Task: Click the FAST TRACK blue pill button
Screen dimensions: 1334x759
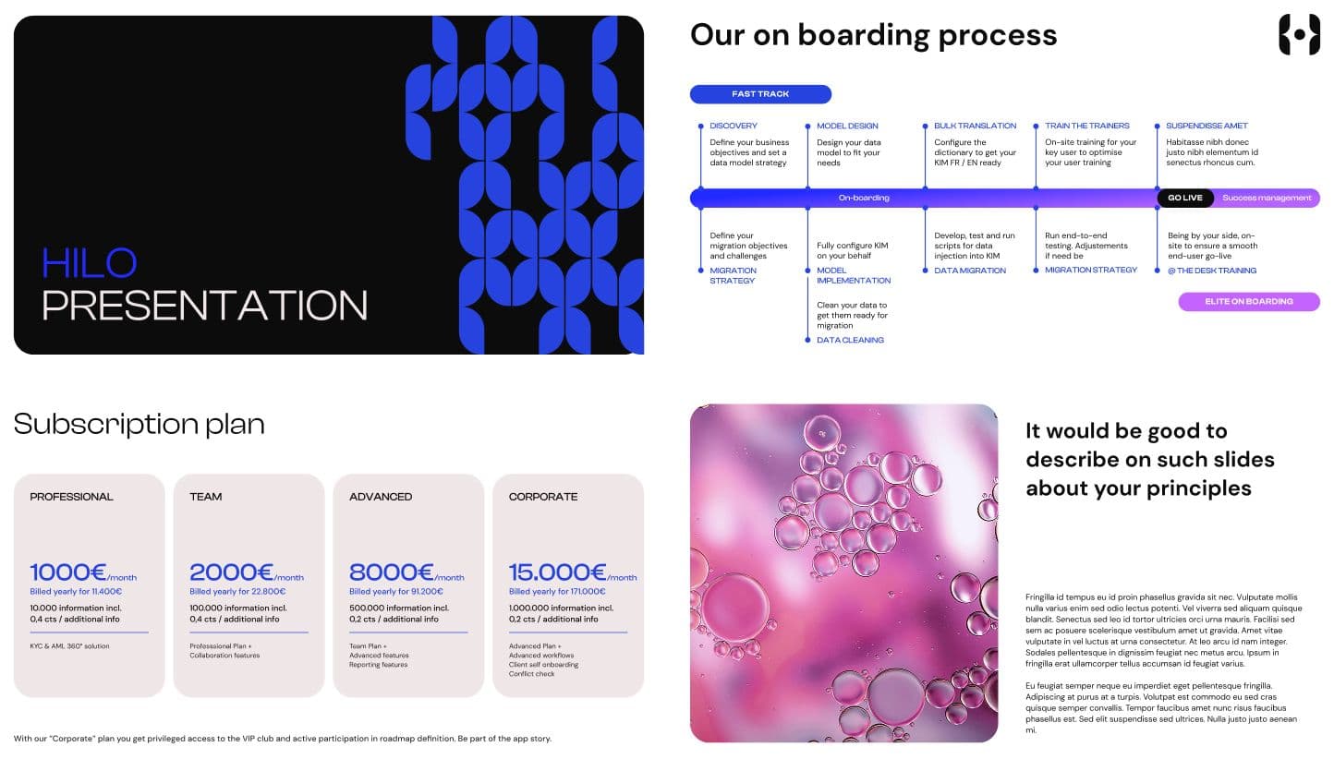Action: click(x=760, y=94)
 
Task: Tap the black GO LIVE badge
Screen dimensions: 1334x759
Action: click(x=1185, y=198)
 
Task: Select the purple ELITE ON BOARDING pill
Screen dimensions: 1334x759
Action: click(x=1249, y=301)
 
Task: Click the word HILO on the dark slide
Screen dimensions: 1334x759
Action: click(x=90, y=262)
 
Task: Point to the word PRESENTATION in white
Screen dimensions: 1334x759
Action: click(x=204, y=306)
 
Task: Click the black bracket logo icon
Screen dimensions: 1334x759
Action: click(x=1300, y=35)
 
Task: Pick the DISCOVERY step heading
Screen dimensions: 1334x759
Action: click(x=734, y=126)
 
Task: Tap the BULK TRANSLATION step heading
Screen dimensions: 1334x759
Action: click(x=975, y=126)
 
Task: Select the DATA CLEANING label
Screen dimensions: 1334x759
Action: click(x=850, y=340)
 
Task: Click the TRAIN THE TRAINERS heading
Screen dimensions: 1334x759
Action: click(x=1086, y=126)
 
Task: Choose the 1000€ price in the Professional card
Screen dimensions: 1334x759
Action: click(x=68, y=572)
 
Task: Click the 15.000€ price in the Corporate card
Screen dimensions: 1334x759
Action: click(x=557, y=572)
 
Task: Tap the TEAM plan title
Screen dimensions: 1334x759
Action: click(x=205, y=497)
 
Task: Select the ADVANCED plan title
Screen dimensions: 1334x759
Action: click(x=381, y=497)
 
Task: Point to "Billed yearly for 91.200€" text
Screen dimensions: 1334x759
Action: click(x=396, y=591)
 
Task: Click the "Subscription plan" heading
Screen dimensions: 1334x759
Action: click(x=139, y=425)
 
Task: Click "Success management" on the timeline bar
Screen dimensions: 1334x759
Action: click(x=1267, y=198)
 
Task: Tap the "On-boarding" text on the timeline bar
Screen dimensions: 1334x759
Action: click(x=864, y=198)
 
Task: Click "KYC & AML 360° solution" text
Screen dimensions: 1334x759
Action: click(x=69, y=646)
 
